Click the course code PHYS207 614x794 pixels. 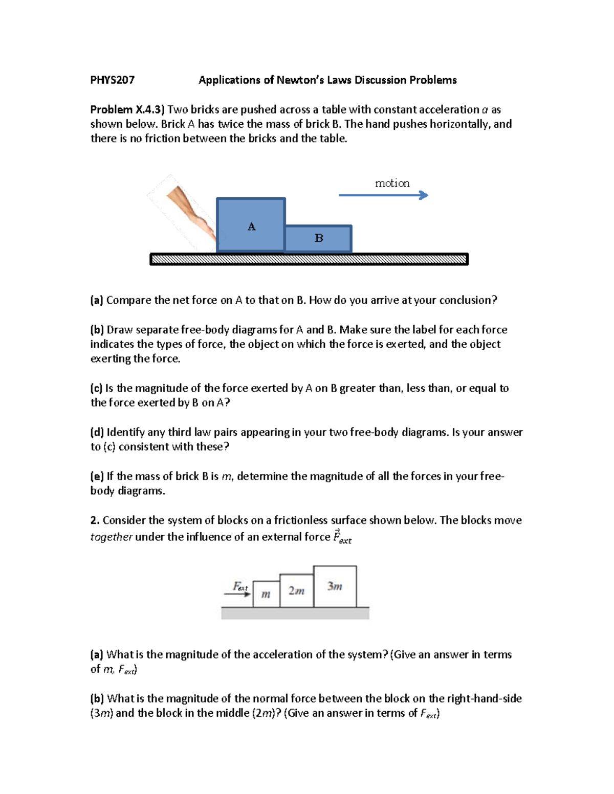(112, 80)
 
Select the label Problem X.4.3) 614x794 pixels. (127, 110)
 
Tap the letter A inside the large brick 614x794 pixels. (251, 226)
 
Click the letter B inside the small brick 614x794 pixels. (319, 238)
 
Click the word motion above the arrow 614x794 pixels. (392, 183)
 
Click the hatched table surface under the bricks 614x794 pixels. (309, 260)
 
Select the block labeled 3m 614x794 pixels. (335, 586)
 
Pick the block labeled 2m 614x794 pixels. (296, 591)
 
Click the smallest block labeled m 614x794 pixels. (266, 595)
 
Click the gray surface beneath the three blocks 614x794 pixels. (295, 614)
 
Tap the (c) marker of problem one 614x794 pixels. (97, 389)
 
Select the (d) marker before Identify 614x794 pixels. (97, 433)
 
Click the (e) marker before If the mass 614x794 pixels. (97, 477)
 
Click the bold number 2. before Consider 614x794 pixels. (95, 520)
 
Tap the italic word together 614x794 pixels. (111, 537)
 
